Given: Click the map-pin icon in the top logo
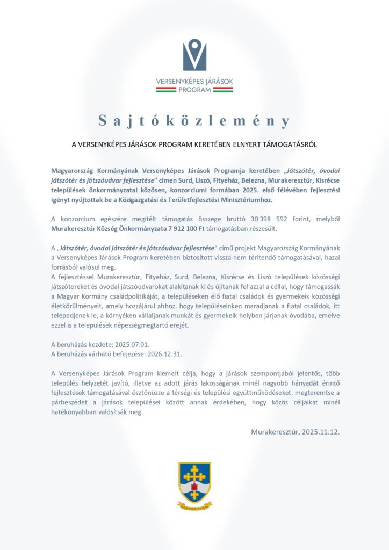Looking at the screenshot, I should [195, 55].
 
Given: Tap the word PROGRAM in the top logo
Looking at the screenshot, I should [195, 90].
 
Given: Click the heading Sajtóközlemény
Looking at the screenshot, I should [195, 121].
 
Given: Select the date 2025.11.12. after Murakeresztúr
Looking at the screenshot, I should [321, 431].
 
